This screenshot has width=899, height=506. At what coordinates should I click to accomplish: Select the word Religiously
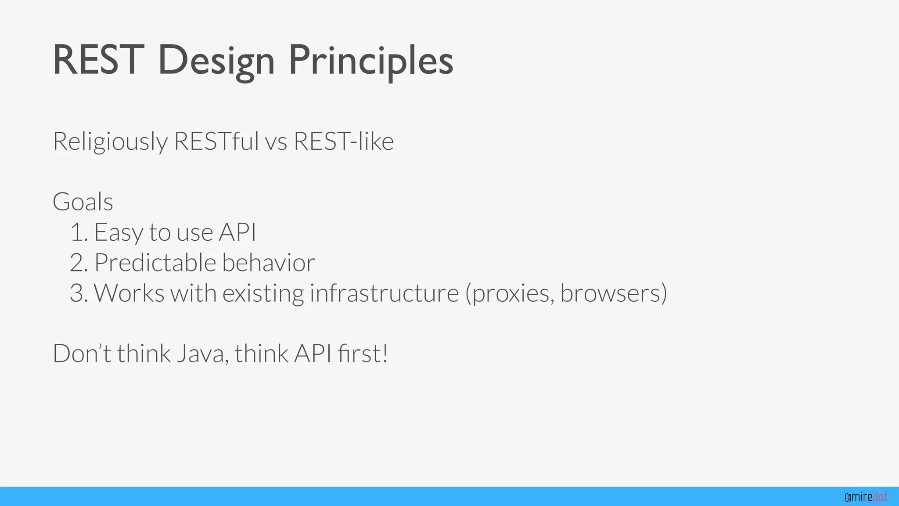click(x=110, y=141)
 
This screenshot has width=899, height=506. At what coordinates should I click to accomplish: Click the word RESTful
click(x=216, y=141)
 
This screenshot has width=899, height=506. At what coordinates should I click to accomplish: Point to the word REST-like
click(x=343, y=141)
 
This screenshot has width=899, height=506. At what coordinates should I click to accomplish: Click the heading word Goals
click(x=83, y=202)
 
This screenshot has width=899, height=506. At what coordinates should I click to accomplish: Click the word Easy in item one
click(x=118, y=232)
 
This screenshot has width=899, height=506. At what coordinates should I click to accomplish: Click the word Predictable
click(x=155, y=263)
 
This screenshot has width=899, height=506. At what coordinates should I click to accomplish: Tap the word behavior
click(x=268, y=263)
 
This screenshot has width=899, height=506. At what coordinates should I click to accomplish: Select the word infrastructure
click(x=384, y=293)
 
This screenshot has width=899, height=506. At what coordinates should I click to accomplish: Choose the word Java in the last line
click(x=202, y=354)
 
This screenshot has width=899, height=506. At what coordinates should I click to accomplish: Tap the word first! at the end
click(x=363, y=354)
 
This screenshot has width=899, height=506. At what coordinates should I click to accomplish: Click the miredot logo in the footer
click(x=866, y=497)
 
